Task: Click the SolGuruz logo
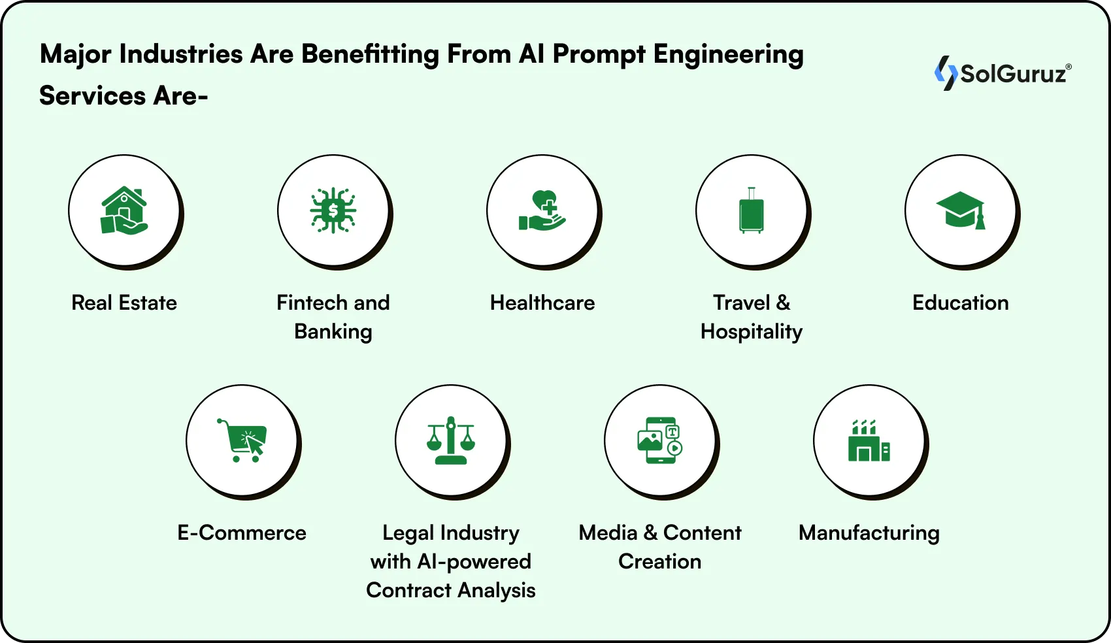(x=1003, y=73)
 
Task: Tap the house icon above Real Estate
(x=124, y=210)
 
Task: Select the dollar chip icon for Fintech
(x=333, y=210)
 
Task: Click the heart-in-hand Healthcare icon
(x=542, y=210)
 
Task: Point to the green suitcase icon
(x=752, y=210)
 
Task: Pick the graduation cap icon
(x=961, y=210)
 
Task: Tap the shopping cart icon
(x=242, y=440)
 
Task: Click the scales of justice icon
(x=451, y=440)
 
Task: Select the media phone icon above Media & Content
(x=660, y=440)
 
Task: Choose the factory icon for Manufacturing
(x=869, y=440)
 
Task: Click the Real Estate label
(x=124, y=303)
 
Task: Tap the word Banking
(x=333, y=331)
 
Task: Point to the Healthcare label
(x=542, y=303)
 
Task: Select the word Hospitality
(x=752, y=331)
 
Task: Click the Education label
(x=961, y=303)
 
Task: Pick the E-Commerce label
(x=242, y=533)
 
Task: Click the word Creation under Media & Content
(x=660, y=561)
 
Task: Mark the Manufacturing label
(x=869, y=533)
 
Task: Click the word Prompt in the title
(x=599, y=55)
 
